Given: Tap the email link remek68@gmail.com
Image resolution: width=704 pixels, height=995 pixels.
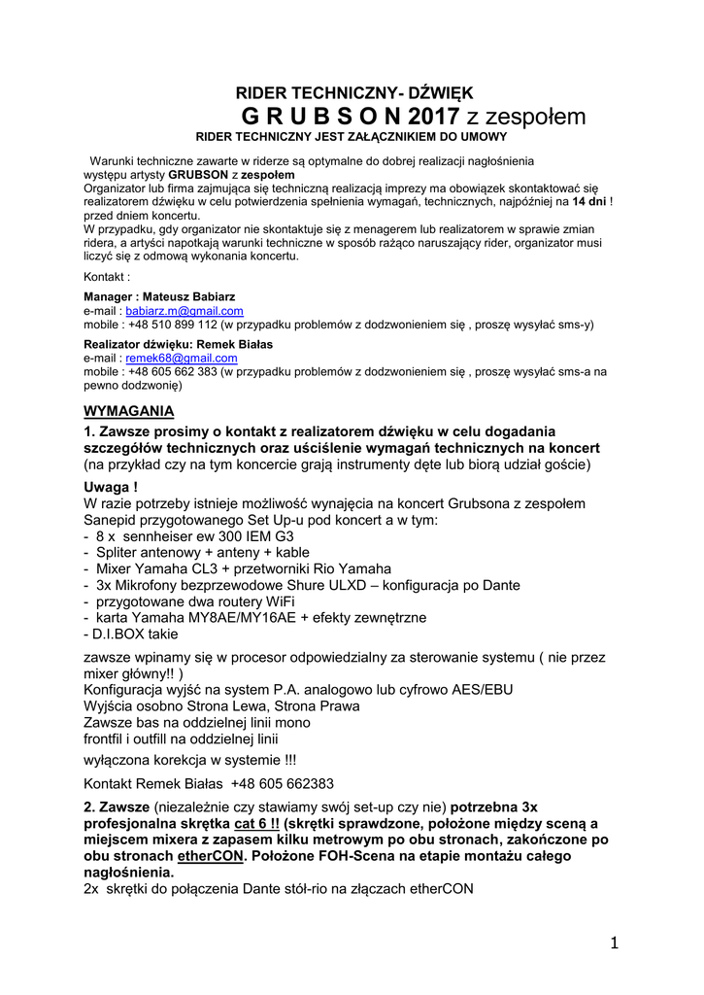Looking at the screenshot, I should pos(168,358).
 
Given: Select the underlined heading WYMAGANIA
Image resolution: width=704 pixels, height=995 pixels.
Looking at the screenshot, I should pos(129,410).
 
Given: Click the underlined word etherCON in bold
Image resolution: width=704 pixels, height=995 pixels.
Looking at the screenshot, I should pos(212,856).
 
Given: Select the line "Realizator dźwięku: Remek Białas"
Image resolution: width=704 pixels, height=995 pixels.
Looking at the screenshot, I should pos(178,344).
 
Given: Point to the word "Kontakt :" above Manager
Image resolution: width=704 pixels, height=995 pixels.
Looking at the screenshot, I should pos(107,277).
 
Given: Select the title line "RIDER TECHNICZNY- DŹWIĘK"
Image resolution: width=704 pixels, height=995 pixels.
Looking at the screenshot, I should pos(354,93).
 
